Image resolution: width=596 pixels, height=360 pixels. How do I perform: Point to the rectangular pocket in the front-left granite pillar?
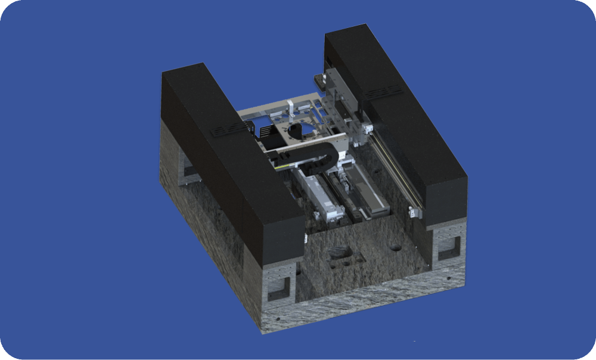coord(280,288)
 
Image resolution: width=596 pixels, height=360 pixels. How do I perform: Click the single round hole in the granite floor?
coord(396,246)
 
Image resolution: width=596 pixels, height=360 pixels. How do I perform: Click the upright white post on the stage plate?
coord(290,111)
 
